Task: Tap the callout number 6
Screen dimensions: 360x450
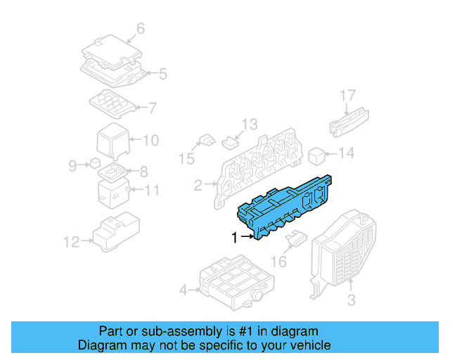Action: pos(140,29)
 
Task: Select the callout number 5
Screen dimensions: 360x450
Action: pos(162,73)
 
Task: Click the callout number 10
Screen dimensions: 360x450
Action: pos(151,140)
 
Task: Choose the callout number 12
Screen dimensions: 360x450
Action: pos(71,243)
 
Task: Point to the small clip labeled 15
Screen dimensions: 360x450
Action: pos(205,140)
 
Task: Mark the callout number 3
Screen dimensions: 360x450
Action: pos(351,300)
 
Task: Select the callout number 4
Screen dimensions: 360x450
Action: pos(184,290)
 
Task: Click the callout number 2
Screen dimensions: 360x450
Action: pos(198,186)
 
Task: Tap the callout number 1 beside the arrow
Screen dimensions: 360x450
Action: pos(234,238)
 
